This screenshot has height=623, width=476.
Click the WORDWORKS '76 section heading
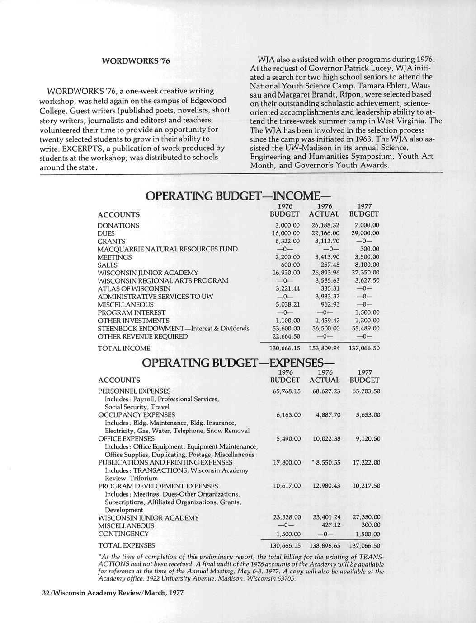click(136, 60)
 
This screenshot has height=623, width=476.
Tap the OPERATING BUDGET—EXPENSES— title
click(239, 363)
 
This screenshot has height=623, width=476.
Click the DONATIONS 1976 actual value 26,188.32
click(325, 225)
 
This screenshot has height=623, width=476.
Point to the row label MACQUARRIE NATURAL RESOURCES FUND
click(168, 249)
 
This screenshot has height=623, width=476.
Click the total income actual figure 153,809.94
click(324, 348)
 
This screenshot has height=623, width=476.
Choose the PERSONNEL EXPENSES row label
click(134, 391)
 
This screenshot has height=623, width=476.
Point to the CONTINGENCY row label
click(123, 534)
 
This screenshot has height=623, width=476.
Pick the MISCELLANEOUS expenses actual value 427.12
click(330, 525)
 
